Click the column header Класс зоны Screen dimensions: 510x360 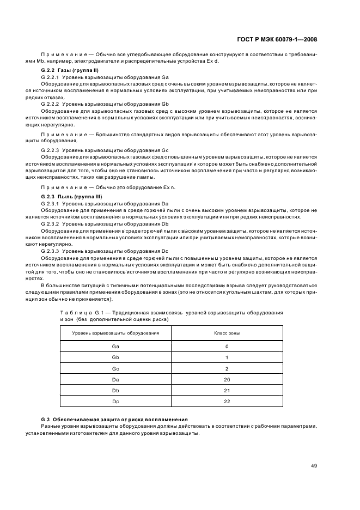point(227,332)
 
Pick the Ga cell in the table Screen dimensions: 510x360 point(115,346)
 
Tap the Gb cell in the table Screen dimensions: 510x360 point(115,357)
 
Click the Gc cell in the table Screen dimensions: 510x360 point(115,368)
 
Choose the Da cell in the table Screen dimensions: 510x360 point(115,379)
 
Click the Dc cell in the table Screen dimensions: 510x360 point(115,401)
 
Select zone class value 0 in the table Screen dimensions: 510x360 point(227,346)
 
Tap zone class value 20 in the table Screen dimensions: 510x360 point(227,379)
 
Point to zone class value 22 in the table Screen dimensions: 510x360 point(227,401)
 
